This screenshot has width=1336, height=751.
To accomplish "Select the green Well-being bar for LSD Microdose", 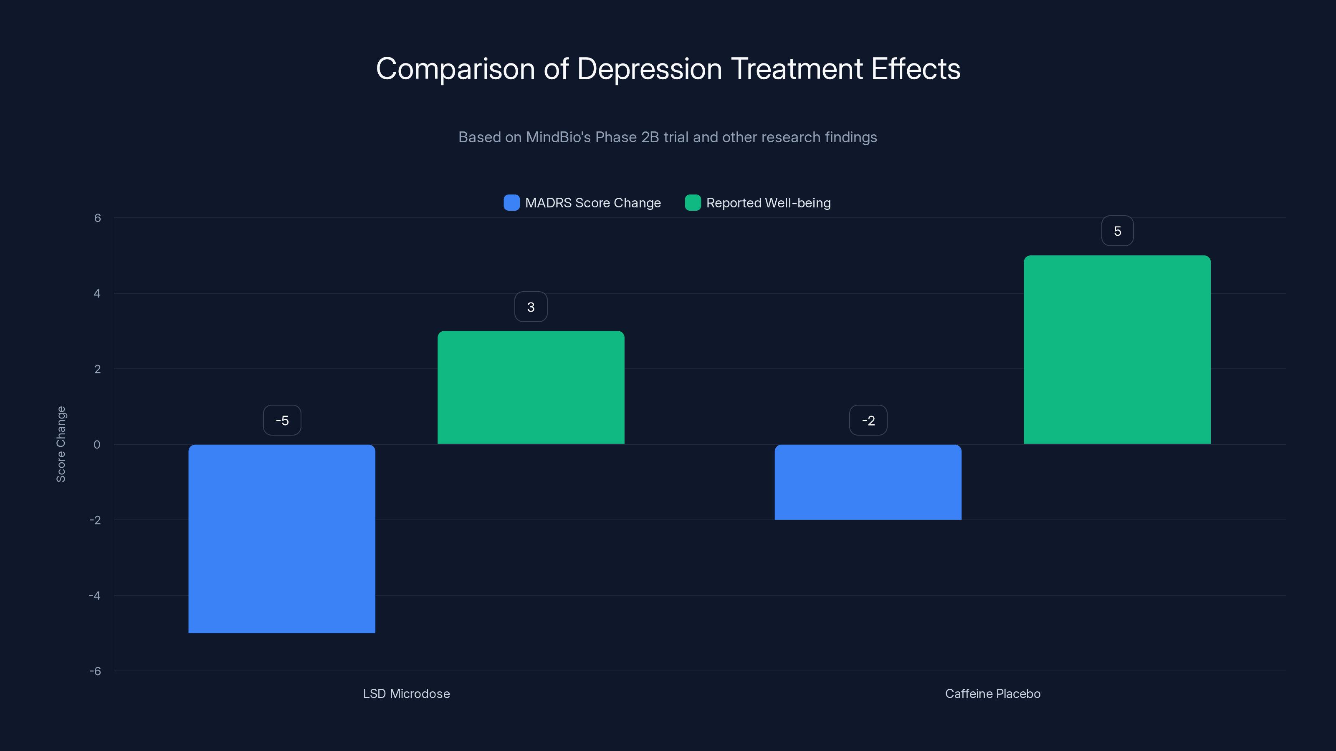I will [x=531, y=387].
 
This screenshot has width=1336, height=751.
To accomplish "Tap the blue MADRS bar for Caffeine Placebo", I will [x=868, y=482].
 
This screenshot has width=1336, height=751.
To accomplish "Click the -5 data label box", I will [x=282, y=420].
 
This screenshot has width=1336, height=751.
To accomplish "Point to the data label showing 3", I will [x=531, y=307].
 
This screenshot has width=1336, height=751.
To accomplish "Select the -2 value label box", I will [x=868, y=420].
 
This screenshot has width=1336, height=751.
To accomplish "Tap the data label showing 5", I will [x=1117, y=231].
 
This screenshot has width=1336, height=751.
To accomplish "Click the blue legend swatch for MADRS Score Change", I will [x=511, y=203].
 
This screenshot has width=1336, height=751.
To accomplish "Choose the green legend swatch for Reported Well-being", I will [x=692, y=203].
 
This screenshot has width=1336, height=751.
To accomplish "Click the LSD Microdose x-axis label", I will [x=406, y=693].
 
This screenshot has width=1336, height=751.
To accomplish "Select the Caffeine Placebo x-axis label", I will [x=992, y=693].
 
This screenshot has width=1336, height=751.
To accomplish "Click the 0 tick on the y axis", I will [x=97, y=445].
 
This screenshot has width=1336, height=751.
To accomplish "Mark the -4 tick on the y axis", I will [x=95, y=595].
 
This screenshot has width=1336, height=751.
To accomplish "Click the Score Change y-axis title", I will [x=61, y=444].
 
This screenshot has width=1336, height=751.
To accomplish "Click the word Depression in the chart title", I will [x=649, y=69].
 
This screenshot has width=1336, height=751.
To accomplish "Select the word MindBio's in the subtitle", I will [x=558, y=137].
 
